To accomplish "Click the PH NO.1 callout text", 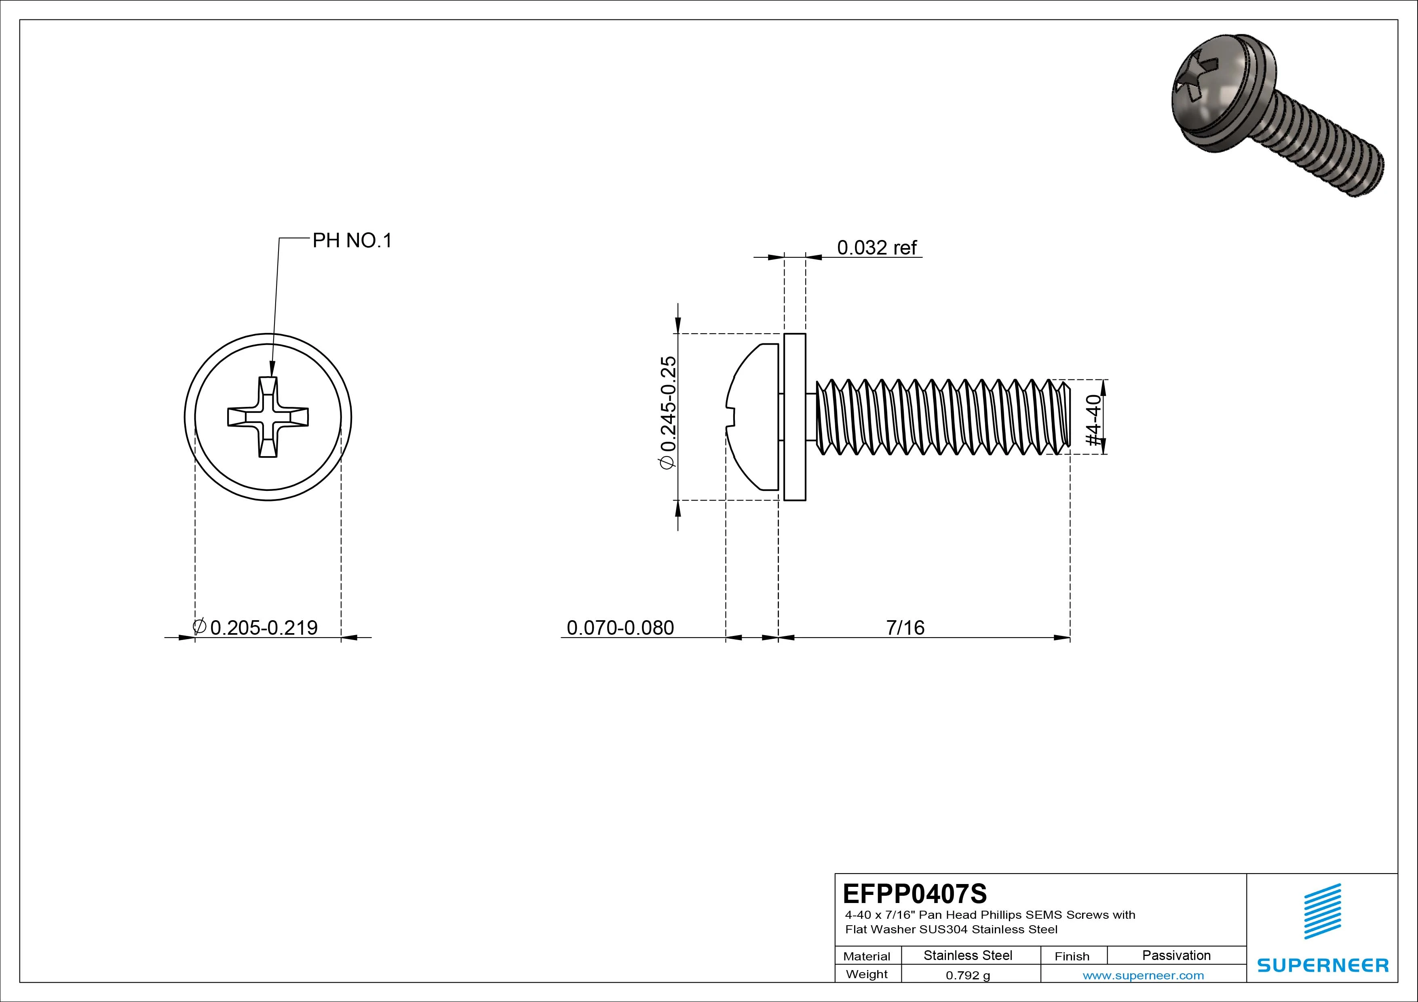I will [352, 241].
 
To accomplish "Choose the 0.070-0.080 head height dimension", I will [620, 628].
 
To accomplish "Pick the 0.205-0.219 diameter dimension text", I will [264, 628].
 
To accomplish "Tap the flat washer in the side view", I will [795, 417].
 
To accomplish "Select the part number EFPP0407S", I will [915, 893].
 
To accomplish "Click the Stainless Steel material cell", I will [968, 956].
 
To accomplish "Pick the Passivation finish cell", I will [1176, 956].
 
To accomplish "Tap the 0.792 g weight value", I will [968, 975].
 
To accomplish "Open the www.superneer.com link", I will [1143, 975].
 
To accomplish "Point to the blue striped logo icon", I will [1322, 911].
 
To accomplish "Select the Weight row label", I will [867, 974].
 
